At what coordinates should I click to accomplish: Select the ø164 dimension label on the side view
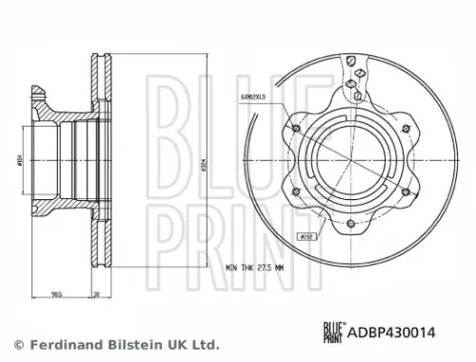click(x=19, y=163)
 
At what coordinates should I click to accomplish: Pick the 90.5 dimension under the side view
click(x=60, y=295)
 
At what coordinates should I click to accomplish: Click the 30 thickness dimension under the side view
click(x=99, y=295)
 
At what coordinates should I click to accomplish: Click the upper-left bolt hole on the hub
click(x=299, y=130)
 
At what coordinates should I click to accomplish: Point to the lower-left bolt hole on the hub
click(x=298, y=192)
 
